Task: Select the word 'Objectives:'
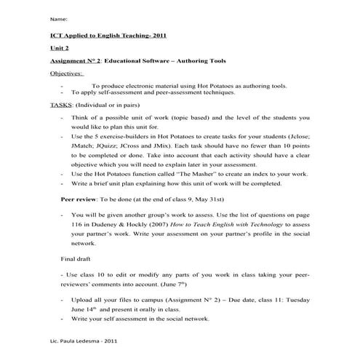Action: pos(66,73)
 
